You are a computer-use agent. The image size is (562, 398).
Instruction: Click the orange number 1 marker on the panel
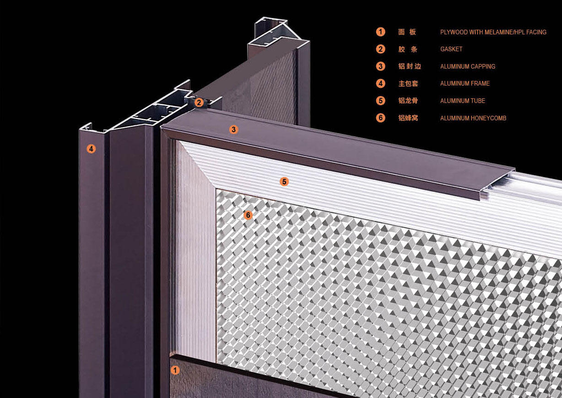(x=175, y=370)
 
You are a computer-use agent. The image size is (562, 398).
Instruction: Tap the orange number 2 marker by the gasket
(x=199, y=102)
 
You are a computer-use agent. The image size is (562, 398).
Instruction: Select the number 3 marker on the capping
(x=233, y=129)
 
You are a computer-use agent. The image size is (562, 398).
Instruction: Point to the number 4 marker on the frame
(x=91, y=149)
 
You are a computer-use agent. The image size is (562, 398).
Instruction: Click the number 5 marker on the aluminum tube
(x=284, y=182)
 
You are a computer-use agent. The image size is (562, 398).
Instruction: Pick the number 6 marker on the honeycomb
(x=248, y=215)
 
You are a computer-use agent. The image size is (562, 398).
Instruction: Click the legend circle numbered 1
(x=381, y=32)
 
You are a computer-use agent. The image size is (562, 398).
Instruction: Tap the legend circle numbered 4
(x=381, y=83)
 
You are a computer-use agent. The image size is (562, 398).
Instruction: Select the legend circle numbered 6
(x=381, y=118)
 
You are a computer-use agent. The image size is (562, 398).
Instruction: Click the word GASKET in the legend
(x=451, y=49)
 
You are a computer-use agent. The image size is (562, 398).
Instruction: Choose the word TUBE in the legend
(x=478, y=101)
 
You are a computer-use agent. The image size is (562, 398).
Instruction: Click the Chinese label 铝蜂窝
(x=408, y=118)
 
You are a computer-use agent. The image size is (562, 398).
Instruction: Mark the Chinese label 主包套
(x=408, y=84)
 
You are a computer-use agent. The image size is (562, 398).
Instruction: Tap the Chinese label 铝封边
(x=410, y=66)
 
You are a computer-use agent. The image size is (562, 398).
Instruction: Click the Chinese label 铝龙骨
(x=408, y=101)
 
